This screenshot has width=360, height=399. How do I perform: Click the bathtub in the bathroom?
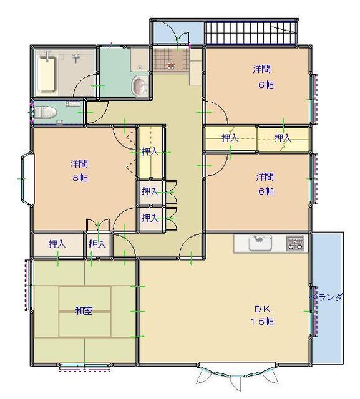(47, 74)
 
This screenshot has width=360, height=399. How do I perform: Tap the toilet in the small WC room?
(45, 112)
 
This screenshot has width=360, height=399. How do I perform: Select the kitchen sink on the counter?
(260, 243)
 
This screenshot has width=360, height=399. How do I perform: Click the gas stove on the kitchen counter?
(295, 243)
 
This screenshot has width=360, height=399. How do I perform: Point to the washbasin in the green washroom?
(140, 86)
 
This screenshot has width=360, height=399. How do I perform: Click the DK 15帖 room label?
(262, 315)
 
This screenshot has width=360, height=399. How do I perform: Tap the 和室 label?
(84, 310)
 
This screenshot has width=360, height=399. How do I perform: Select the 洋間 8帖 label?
(79, 170)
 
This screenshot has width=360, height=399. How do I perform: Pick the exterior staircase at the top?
(251, 33)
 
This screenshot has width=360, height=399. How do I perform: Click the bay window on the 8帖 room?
(27, 179)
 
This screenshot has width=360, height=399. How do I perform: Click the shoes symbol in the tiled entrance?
(171, 65)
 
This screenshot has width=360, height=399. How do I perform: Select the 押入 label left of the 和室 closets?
(57, 244)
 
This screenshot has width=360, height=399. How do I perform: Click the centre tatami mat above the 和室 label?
(85, 299)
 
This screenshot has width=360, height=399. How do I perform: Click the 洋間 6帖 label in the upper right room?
(264, 77)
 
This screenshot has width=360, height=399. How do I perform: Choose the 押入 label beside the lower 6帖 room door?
(230, 138)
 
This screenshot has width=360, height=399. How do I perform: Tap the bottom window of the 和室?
(85, 367)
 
